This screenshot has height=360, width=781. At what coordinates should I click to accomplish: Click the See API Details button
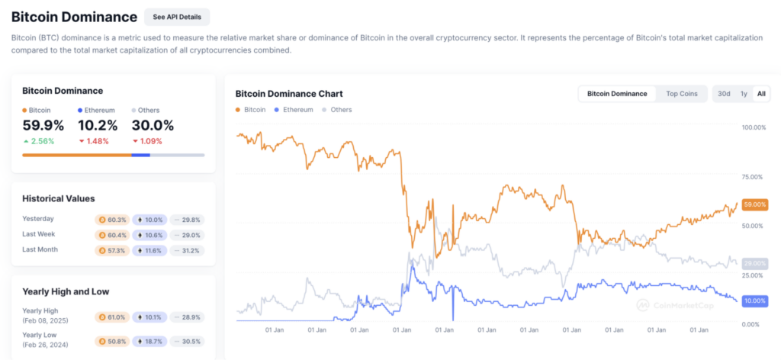click(176, 17)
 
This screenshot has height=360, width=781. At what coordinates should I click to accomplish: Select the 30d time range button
click(724, 94)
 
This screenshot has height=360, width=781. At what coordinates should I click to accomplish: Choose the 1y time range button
click(744, 94)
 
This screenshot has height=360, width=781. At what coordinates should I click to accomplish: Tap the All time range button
click(760, 94)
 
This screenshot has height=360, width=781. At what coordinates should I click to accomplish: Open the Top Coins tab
click(682, 94)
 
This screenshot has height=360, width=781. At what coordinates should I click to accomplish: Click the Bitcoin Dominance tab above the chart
click(617, 94)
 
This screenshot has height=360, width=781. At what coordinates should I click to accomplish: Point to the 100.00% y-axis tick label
click(754, 127)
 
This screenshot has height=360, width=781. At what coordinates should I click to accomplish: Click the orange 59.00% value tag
click(754, 205)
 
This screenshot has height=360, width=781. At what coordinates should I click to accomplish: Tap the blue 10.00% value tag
click(754, 301)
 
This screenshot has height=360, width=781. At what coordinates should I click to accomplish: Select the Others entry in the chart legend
click(341, 110)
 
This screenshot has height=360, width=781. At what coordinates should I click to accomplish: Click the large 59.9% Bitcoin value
click(43, 126)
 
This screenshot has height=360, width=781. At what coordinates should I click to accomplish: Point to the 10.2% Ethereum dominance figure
click(98, 126)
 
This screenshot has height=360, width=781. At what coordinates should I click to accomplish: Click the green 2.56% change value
click(43, 141)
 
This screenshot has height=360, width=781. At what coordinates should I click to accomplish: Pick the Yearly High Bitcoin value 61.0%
click(112, 317)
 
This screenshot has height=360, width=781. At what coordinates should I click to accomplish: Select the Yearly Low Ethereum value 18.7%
click(149, 341)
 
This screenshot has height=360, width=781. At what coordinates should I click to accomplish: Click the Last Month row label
click(40, 249)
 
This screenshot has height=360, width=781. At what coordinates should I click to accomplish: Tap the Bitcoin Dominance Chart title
click(289, 94)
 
